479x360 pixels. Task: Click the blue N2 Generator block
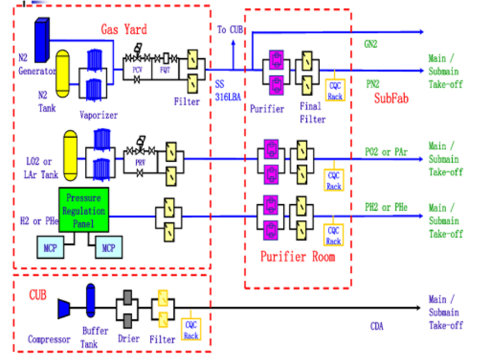42,40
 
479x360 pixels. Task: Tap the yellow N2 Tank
65,73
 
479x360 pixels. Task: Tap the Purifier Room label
298,256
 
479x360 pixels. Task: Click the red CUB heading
37,295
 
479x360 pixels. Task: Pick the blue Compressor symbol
65,308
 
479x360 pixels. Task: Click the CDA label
377,327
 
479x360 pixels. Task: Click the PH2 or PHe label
384,207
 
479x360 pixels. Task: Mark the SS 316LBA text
226,90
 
